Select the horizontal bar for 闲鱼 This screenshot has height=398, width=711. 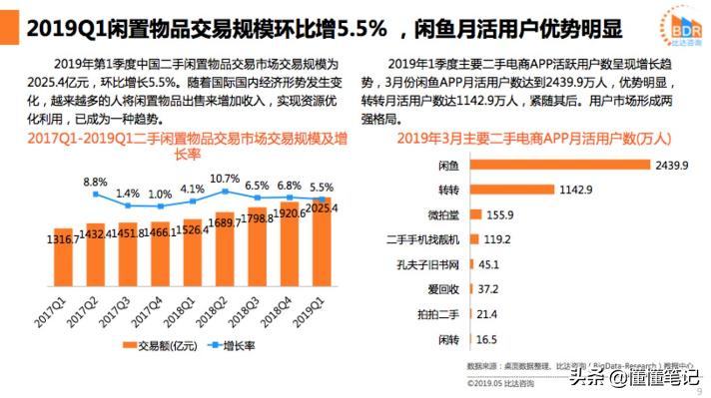coord(559,165)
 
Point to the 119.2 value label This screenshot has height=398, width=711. coord(497,239)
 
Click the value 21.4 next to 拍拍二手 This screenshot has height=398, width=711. coord(489,314)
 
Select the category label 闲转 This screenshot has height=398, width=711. coord(446,339)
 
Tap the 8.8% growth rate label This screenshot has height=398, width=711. coord(95,182)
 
